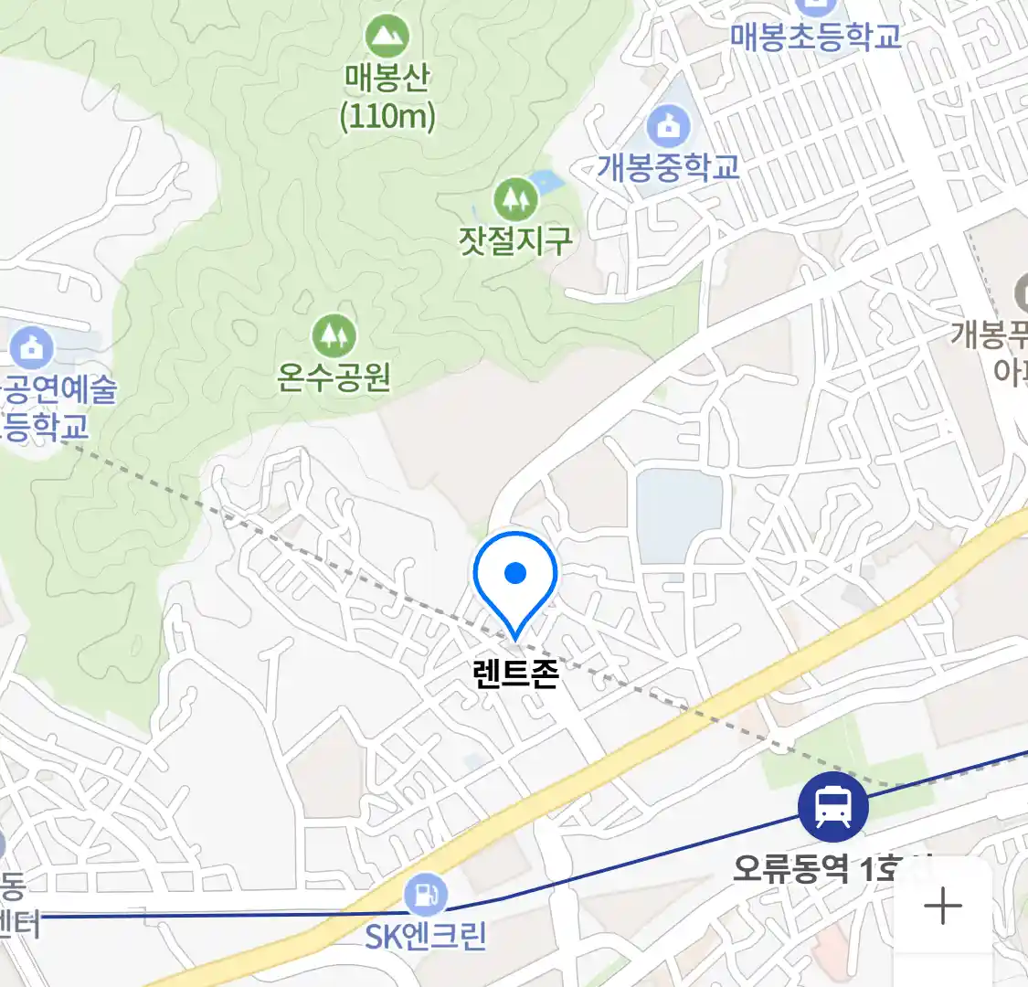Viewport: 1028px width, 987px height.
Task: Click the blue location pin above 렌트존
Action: click(x=515, y=576)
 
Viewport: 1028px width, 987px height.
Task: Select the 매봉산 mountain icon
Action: click(x=387, y=37)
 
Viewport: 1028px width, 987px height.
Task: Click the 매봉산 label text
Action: click(x=387, y=77)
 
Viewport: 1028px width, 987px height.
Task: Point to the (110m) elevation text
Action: click(x=387, y=116)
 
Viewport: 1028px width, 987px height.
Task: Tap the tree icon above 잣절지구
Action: click(x=515, y=198)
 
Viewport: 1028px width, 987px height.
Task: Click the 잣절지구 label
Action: click(x=515, y=239)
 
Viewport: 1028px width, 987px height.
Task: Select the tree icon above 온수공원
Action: click(x=334, y=336)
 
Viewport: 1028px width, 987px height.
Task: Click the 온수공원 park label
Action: click(x=334, y=376)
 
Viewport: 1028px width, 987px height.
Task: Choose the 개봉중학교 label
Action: click(x=668, y=167)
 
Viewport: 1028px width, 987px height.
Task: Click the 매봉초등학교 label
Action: click(x=815, y=37)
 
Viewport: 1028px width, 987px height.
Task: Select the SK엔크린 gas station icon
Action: click(x=425, y=895)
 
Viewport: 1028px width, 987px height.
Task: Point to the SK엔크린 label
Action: click(x=425, y=936)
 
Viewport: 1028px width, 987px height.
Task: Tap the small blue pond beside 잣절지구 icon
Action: click(x=546, y=182)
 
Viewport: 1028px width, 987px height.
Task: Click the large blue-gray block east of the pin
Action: click(x=678, y=515)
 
